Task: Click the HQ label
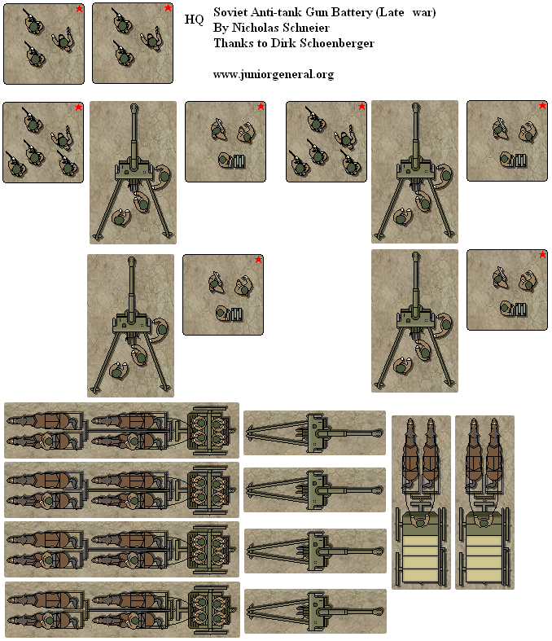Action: tap(195, 19)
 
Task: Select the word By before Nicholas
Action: tap(220, 28)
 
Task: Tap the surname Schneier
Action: tap(308, 28)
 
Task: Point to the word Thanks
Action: tap(232, 43)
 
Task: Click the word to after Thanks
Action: tap(262, 43)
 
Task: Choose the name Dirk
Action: tap(284, 43)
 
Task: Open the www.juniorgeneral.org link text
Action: tap(273, 74)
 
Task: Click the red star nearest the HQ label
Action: tap(168, 8)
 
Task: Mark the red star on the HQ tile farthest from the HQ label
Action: tap(79, 9)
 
